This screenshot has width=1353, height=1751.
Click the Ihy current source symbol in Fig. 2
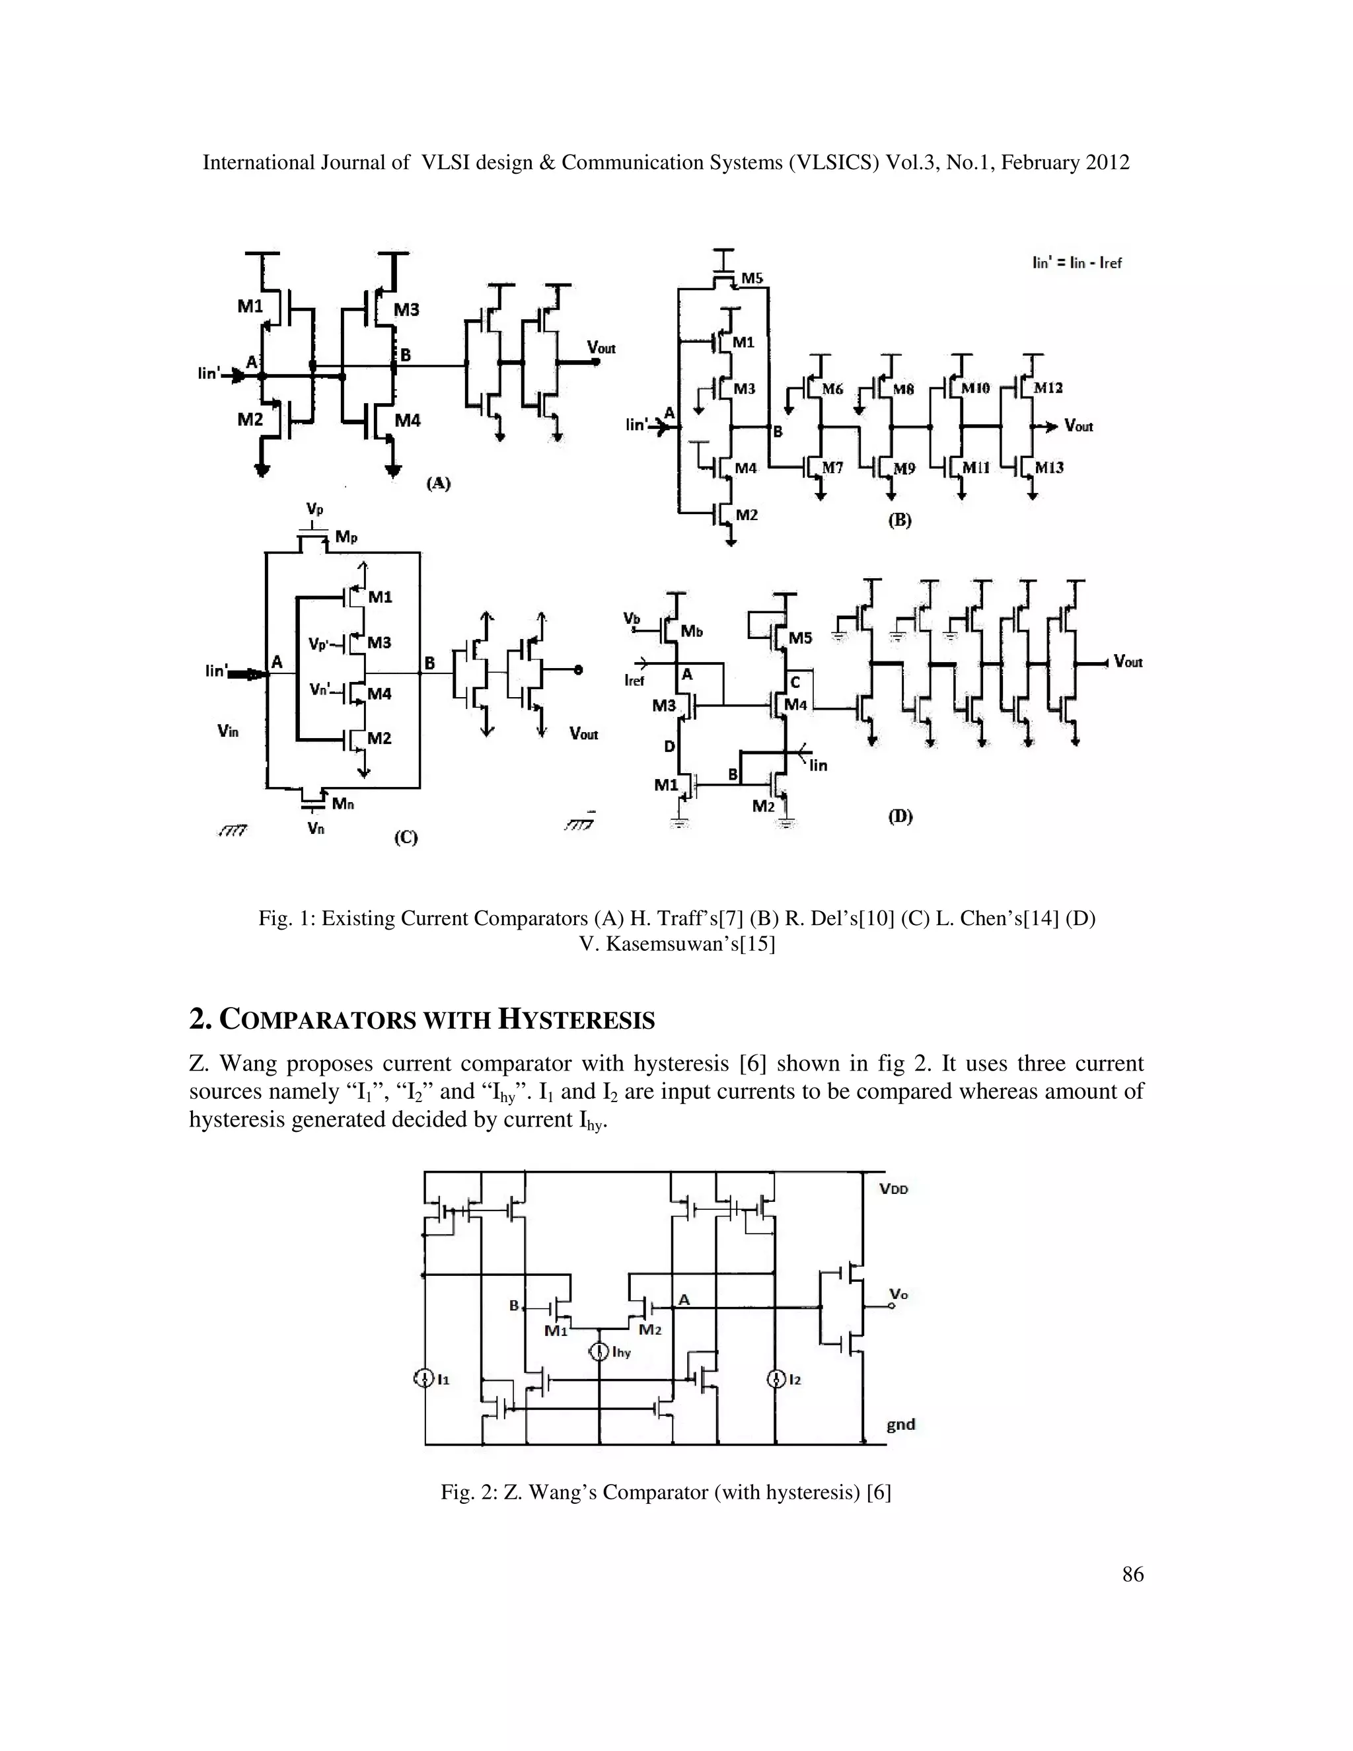click(599, 1353)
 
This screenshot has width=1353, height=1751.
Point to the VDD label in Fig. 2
click(894, 1189)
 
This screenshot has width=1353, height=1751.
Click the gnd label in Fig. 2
click(900, 1424)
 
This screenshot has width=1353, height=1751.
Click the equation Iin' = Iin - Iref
click(1076, 262)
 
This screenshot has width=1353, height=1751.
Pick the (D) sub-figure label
click(900, 816)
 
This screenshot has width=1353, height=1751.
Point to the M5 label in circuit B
click(752, 278)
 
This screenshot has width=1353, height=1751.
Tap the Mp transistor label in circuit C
click(346, 537)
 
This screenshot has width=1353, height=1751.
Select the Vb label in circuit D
click(632, 618)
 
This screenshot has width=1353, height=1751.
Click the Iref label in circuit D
click(634, 680)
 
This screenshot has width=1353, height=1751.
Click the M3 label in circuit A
click(406, 309)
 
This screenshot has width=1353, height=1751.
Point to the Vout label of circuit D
click(1128, 661)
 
